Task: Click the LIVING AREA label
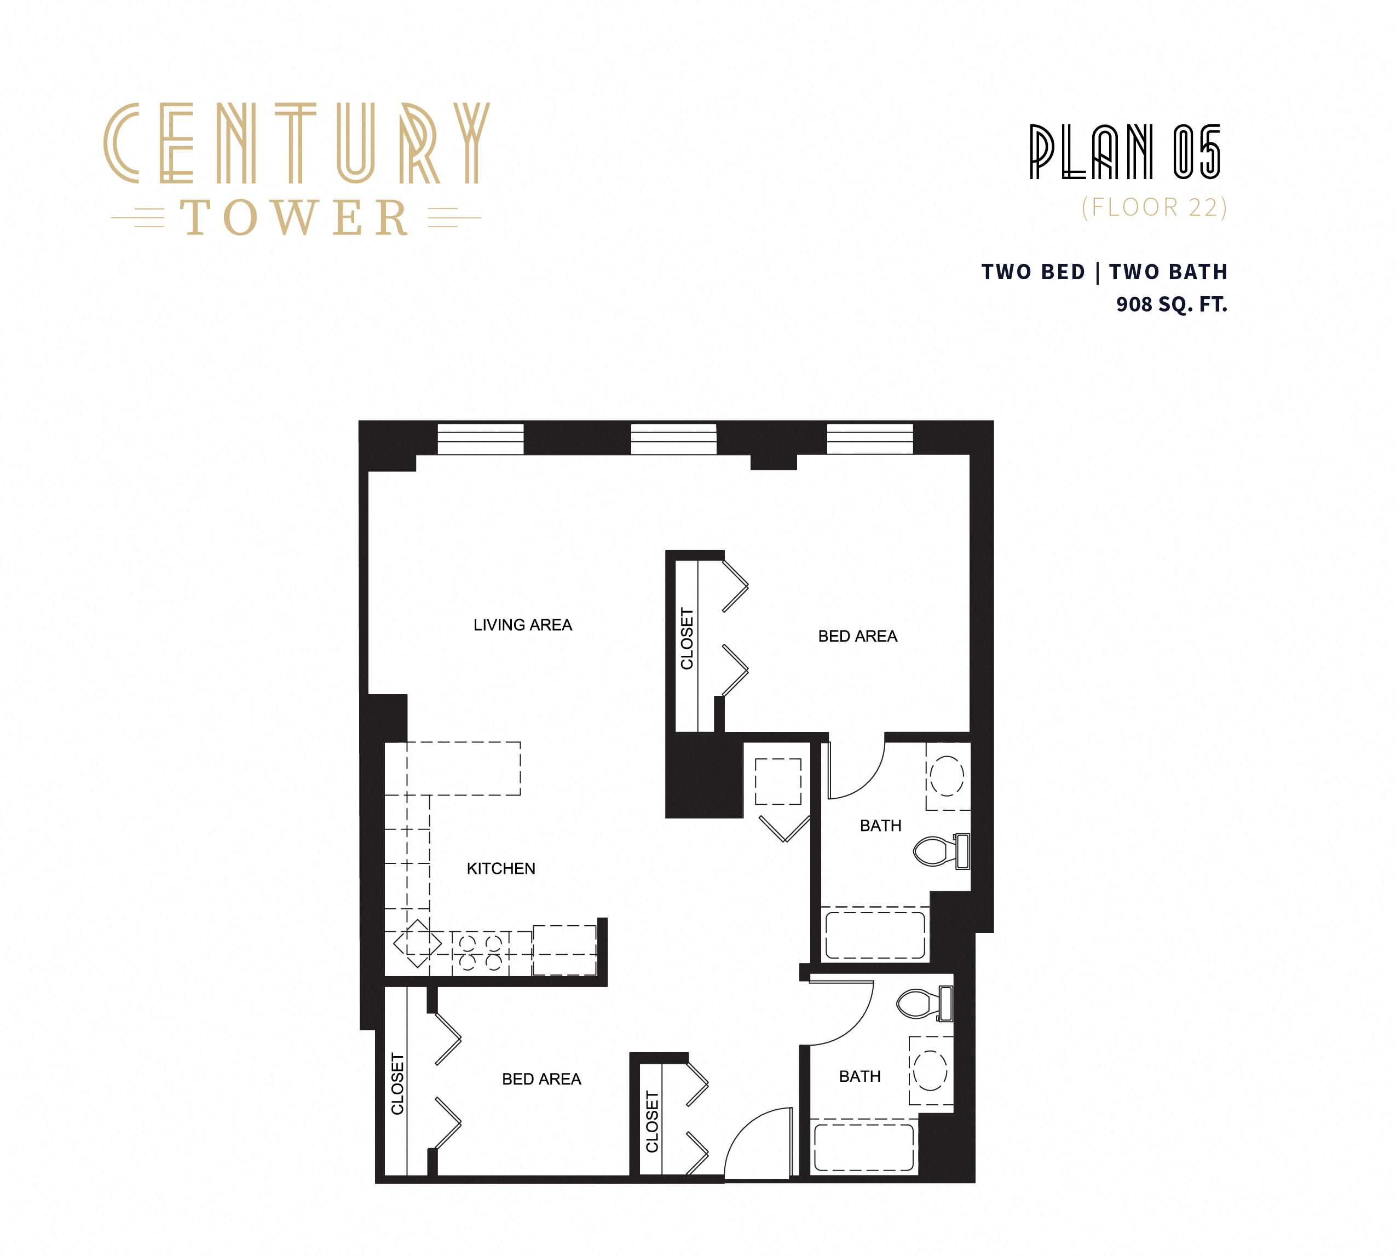click(522, 625)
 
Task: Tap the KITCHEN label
click(501, 869)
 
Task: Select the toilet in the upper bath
click(940, 851)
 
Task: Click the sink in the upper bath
click(947, 776)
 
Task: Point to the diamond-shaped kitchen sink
click(417, 943)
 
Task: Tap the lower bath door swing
click(841, 1013)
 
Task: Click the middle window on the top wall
click(673, 439)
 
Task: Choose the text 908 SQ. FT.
click(1172, 304)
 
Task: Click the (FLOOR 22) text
click(1154, 207)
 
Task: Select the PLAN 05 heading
click(1125, 152)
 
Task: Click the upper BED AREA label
click(857, 636)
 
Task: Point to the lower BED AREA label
click(541, 1079)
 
